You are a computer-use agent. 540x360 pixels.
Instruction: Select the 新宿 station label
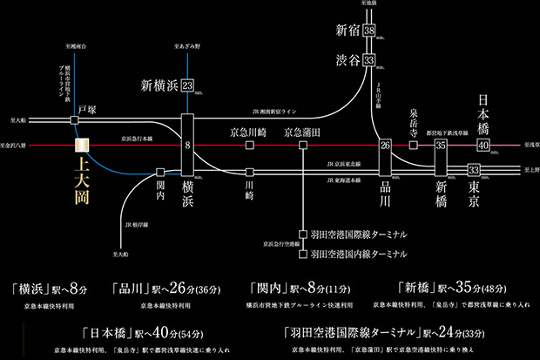pos(348,31)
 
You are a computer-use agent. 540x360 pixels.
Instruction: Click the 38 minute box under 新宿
pos(370,31)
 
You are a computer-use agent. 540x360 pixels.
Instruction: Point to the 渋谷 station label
pos(348,60)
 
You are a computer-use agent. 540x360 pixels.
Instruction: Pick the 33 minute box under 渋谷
pos(370,60)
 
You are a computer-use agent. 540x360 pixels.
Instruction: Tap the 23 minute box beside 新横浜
pos(187,85)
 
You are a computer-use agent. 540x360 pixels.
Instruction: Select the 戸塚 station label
pos(86,110)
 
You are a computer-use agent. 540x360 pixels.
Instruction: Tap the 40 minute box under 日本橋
pos(483,145)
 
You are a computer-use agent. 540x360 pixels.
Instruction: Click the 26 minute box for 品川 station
pos(385,146)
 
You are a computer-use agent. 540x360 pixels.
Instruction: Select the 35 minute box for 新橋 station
pos(441,146)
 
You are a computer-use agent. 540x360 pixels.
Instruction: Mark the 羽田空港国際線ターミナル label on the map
pos(358,235)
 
